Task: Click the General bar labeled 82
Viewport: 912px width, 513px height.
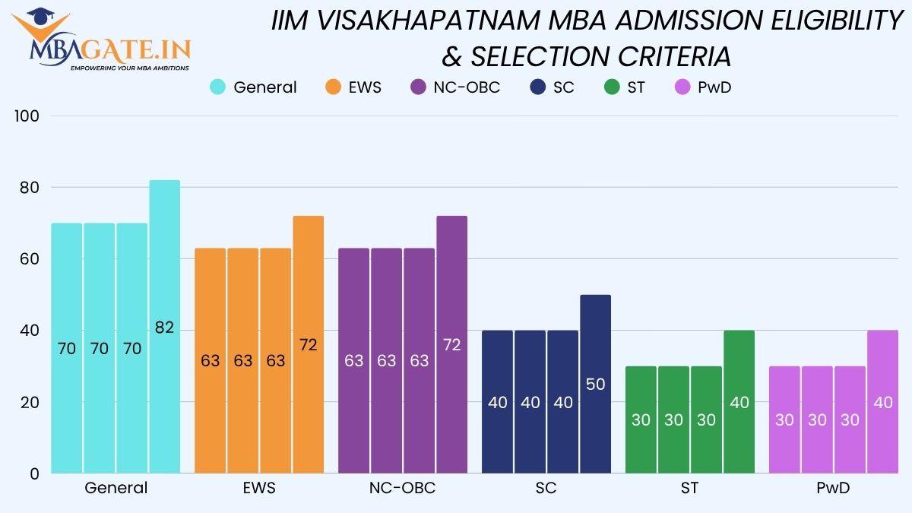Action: tap(165, 327)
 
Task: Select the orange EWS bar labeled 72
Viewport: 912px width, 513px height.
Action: tap(309, 344)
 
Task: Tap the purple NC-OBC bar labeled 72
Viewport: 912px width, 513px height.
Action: tap(451, 344)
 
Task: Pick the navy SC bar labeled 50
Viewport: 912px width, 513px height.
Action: tap(595, 384)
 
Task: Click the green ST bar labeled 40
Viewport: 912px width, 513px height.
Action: tap(739, 402)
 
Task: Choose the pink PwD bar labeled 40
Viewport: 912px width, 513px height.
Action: tap(882, 402)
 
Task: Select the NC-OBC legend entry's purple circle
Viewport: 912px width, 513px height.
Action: tap(418, 87)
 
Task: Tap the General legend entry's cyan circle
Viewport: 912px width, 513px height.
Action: tap(218, 87)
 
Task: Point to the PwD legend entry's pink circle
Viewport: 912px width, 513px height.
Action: tap(682, 87)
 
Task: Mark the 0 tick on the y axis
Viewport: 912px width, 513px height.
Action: tap(34, 473)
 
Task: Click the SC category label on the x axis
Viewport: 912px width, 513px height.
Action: tap(546, 488)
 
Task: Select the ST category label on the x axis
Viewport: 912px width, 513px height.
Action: tap(689, 488)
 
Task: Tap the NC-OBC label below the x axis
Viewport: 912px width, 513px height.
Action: tap(403, 488)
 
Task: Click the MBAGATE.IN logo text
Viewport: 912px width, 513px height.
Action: tap(111, 52)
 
